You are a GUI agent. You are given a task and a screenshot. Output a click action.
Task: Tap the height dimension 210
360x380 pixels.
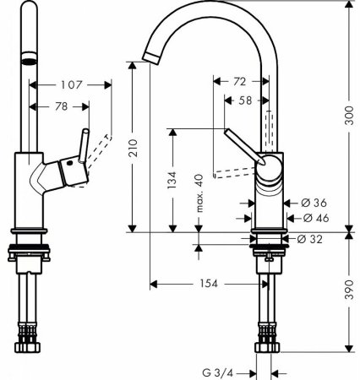[x=133, y=147]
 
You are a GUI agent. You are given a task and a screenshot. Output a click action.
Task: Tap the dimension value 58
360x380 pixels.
[x=244, y=100]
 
